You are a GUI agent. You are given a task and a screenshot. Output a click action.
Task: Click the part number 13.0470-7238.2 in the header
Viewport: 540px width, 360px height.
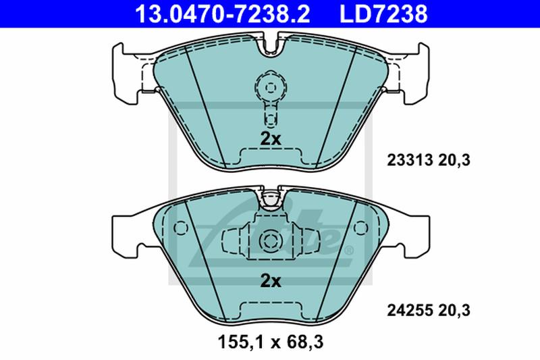223,14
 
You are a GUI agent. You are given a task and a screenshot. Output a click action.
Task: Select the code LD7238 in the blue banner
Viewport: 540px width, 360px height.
383,14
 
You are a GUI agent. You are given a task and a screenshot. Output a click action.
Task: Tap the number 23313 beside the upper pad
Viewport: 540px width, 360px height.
410,160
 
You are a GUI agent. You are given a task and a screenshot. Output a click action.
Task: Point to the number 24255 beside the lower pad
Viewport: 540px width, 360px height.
410,311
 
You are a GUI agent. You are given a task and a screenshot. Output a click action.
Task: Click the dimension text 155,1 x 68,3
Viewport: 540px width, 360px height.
271,342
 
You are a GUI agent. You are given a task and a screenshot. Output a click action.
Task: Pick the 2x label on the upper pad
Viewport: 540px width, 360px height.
271,139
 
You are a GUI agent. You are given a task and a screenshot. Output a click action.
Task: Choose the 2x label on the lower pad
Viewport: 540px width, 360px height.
271,282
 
